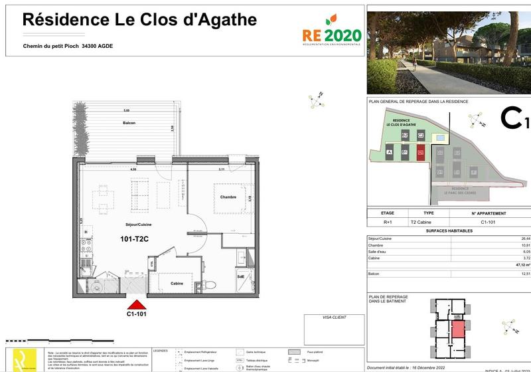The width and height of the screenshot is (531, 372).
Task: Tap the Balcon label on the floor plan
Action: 129,124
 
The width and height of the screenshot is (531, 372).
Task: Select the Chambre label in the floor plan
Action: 229,197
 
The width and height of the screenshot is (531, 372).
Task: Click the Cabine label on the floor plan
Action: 177,283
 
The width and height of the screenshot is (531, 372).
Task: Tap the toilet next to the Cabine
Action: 210,284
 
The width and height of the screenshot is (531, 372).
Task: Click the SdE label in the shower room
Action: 240,276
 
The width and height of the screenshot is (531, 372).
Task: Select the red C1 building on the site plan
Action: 421,152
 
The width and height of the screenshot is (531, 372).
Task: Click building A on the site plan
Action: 388,152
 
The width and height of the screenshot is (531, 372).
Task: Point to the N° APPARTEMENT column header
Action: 489,213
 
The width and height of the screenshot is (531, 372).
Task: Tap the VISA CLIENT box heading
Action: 333,318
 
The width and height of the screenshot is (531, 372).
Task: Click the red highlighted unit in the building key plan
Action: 457,329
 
